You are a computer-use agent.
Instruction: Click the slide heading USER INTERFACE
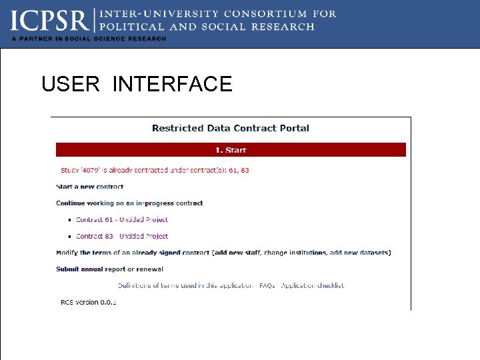pos(137,84)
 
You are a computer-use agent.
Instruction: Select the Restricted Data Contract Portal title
pos(231,128)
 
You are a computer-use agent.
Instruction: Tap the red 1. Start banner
pos(231,150)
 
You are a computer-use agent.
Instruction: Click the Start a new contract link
pos(89,187)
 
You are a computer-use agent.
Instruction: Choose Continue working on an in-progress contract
pos(129,203)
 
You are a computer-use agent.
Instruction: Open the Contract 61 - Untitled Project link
pos(122,219)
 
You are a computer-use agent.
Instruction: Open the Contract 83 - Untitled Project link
pos(122,236)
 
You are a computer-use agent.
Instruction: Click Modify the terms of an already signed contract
pos(223,252)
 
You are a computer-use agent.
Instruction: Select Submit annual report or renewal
pos(109,269)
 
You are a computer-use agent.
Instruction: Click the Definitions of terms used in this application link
pos(185,285)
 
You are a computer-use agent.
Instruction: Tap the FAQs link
pos(267,285)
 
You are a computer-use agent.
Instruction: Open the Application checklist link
pos(313,285)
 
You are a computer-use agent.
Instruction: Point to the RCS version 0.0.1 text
pos(88,302)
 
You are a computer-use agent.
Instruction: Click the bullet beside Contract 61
pos(69,220)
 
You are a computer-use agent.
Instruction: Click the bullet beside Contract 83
pos(69,237)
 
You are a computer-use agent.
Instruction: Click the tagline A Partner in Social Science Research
pos(89,39)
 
